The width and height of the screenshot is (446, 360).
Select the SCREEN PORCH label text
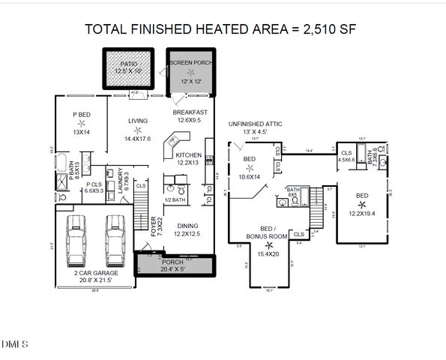click(190, 63)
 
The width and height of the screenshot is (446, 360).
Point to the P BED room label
click(81, 115)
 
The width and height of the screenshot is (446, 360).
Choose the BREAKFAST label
click(189, 111)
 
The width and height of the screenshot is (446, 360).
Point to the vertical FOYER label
click(154, 226)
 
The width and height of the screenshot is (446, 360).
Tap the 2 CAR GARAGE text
click(94, 273)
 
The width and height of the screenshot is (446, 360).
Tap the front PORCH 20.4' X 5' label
click(177, 265)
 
